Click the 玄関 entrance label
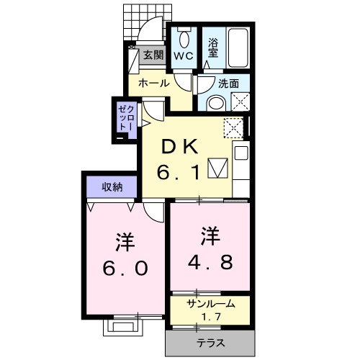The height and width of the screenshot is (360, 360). coord(153,54)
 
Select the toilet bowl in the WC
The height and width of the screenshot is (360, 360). coord(185,37)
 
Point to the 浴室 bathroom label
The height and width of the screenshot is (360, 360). coord(214,47)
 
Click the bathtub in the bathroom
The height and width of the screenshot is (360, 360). coord(236,45)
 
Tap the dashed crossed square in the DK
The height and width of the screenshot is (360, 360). coord(233,128)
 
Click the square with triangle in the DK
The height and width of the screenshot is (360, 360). coord(217,168)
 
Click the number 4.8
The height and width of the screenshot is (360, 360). coord(210,248)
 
